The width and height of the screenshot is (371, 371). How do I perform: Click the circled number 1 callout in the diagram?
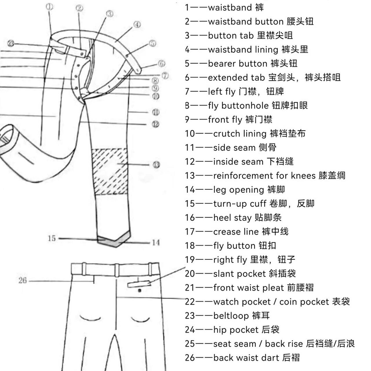(x=50, y=7)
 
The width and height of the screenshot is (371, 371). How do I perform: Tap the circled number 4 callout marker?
(x=137, y=25)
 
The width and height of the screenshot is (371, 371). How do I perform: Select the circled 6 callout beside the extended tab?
(x=161, y=63)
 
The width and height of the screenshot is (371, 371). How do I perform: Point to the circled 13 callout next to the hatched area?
(x=156, y=165)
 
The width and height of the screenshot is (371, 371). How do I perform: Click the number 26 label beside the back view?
(x=23, y=281)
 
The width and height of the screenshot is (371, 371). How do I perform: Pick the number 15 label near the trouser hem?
(x=52, y=239)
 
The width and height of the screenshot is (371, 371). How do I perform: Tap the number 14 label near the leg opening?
(x=156, y=243)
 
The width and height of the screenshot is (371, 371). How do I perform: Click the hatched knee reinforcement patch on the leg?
(x=110, y=171)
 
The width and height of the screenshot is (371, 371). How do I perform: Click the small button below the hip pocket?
(x=140, y=290)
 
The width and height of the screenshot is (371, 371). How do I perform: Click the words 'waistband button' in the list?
(x=245, y=22)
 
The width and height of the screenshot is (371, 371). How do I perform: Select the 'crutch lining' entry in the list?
(x=239, y=134)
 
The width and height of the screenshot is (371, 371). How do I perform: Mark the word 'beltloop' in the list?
(x=231, y=316)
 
